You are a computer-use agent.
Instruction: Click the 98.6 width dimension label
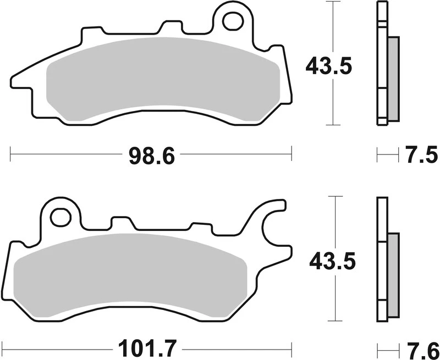coord(151,156)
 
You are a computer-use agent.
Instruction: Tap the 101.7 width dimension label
coord(144,348)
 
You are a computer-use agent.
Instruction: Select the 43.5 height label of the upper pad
coord(328,67)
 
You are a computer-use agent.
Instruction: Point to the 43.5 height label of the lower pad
coord(332,261)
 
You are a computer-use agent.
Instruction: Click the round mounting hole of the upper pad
coord(233,20)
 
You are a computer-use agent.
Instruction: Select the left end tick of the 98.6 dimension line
coord(11,154)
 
